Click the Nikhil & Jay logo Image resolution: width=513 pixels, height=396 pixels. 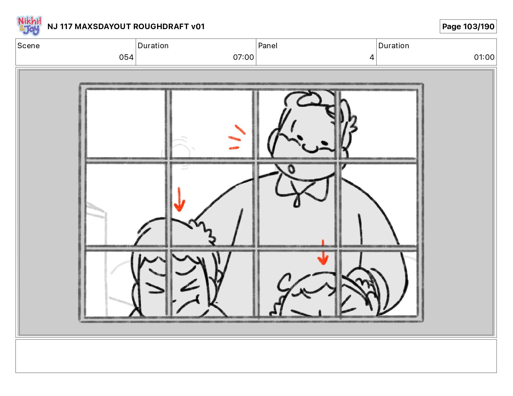coord(29,26)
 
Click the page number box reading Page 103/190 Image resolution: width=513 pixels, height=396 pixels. coord(468,27)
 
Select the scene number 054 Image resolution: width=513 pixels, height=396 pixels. coord(126,57)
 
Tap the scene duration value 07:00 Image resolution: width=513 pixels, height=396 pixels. coord(244,57)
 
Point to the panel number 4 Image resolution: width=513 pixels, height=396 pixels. coord(372,57)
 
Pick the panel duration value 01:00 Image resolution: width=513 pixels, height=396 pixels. coord(484,57)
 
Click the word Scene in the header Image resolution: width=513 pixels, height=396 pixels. coord(28,46)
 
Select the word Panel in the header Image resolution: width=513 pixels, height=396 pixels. coord(268,46)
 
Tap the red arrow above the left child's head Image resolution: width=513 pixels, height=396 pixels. coord(179,199)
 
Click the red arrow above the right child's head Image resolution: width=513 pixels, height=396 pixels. coord(323,252)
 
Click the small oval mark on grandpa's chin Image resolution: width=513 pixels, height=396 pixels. coord(291,169)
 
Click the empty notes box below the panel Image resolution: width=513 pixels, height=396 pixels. coord(256,356)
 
